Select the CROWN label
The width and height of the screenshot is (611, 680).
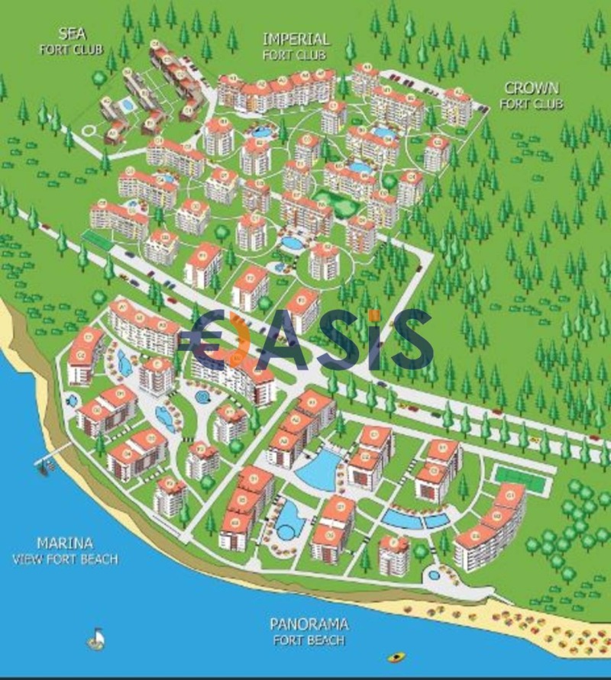532,89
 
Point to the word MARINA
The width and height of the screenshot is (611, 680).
65,543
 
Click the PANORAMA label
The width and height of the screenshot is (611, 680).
309,624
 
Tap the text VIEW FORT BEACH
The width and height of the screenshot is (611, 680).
65,559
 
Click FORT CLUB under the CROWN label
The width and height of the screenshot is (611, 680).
533,104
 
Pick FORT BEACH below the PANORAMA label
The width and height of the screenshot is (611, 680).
309,640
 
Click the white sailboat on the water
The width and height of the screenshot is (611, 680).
96,637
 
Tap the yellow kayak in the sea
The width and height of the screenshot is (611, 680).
396,656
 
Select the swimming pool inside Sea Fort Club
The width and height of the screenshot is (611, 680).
128,102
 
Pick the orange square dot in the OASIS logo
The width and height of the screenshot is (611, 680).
373,315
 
